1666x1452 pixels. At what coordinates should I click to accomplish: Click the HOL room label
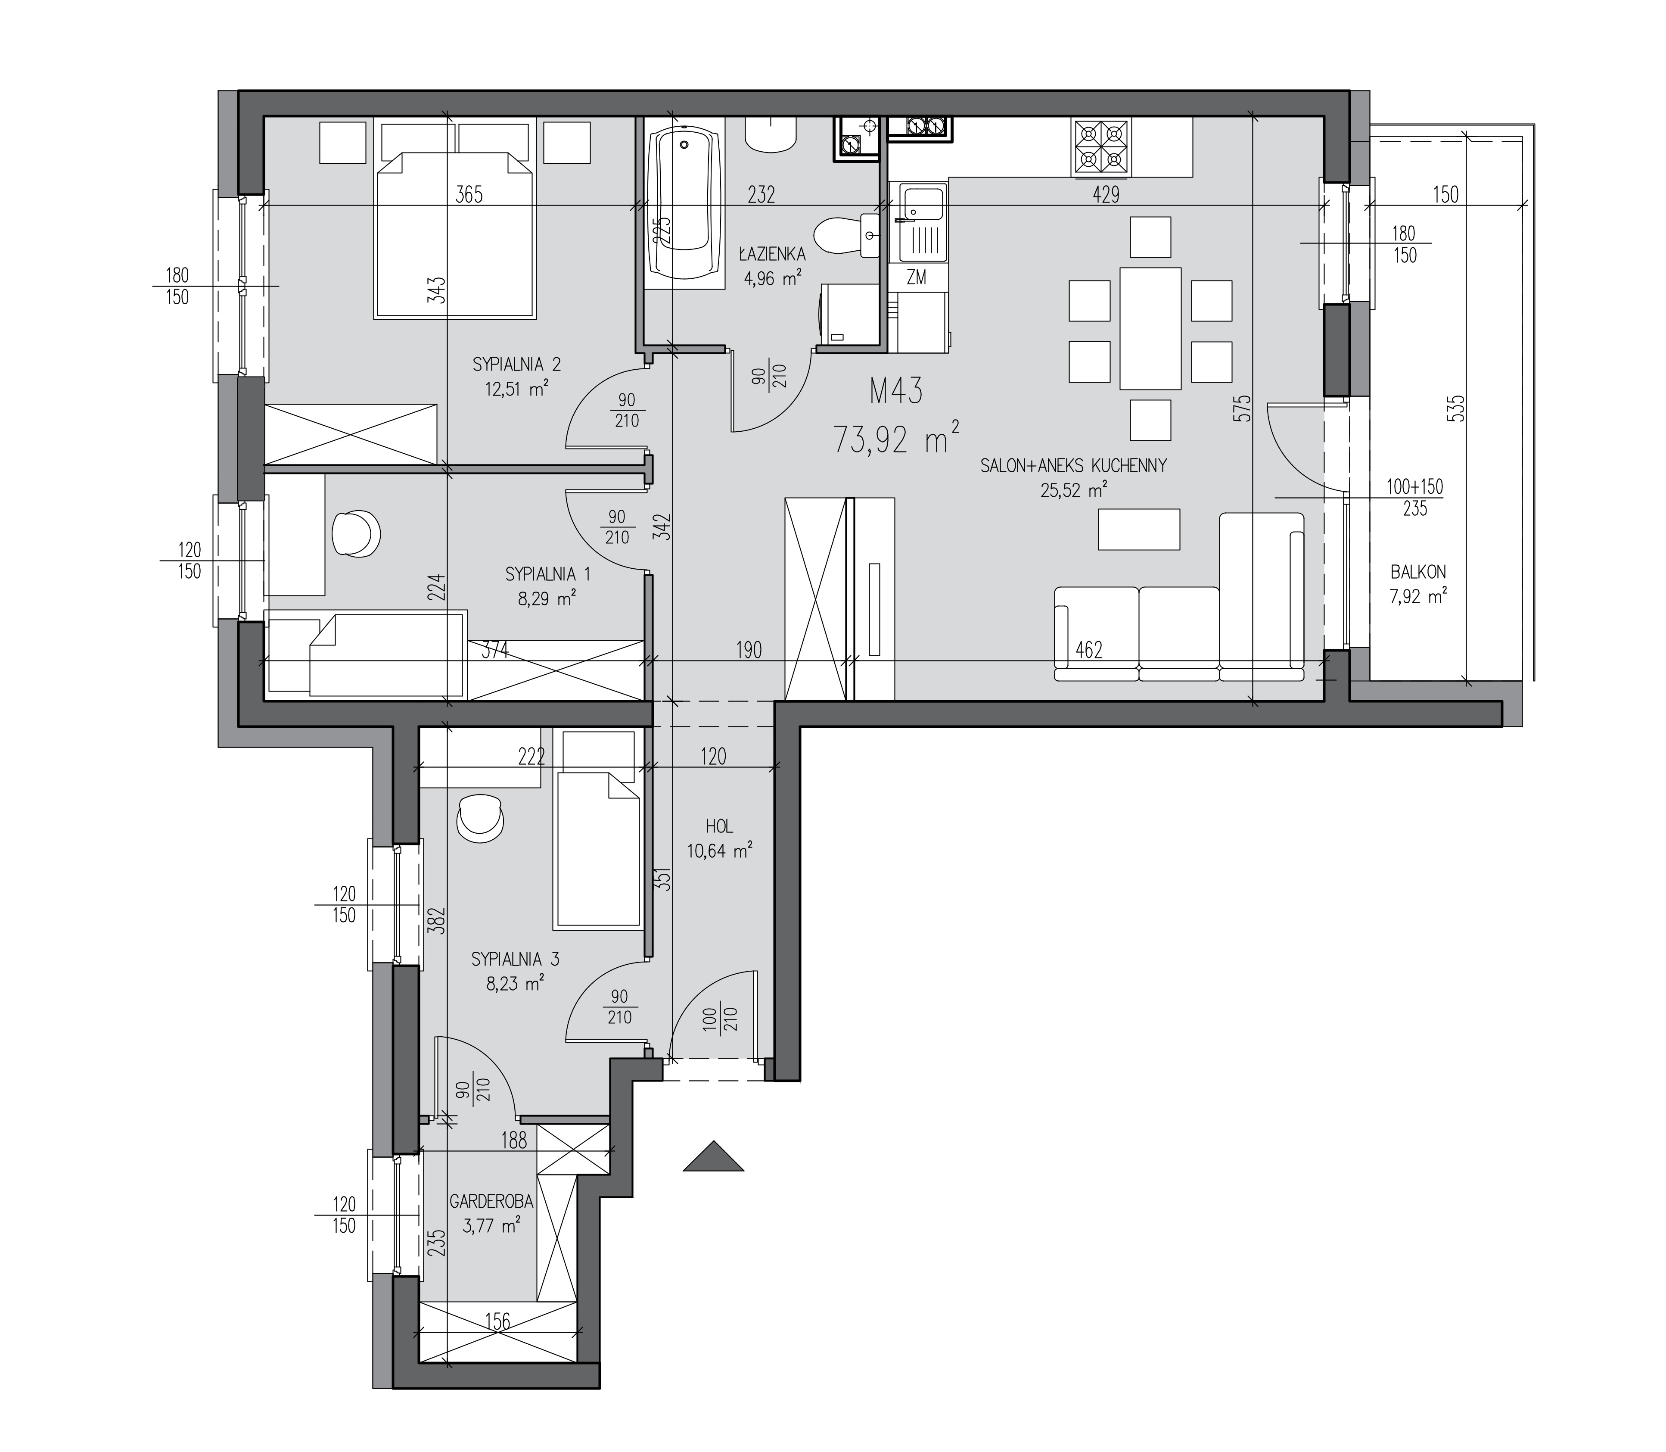click(x=719, y=826)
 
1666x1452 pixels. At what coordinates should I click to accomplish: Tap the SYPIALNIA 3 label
click(x=515, y=960)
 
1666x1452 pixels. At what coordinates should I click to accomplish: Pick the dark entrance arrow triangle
click(x=713, y=1156)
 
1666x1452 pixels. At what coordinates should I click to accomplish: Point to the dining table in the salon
click(x=1150, y=328)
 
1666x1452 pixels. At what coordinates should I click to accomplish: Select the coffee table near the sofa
click(x=1139, y=529)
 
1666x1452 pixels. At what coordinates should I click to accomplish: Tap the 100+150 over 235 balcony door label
click(x=1415, y=498)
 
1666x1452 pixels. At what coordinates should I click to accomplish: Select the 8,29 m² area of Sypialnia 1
click(x=547, y=599)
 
